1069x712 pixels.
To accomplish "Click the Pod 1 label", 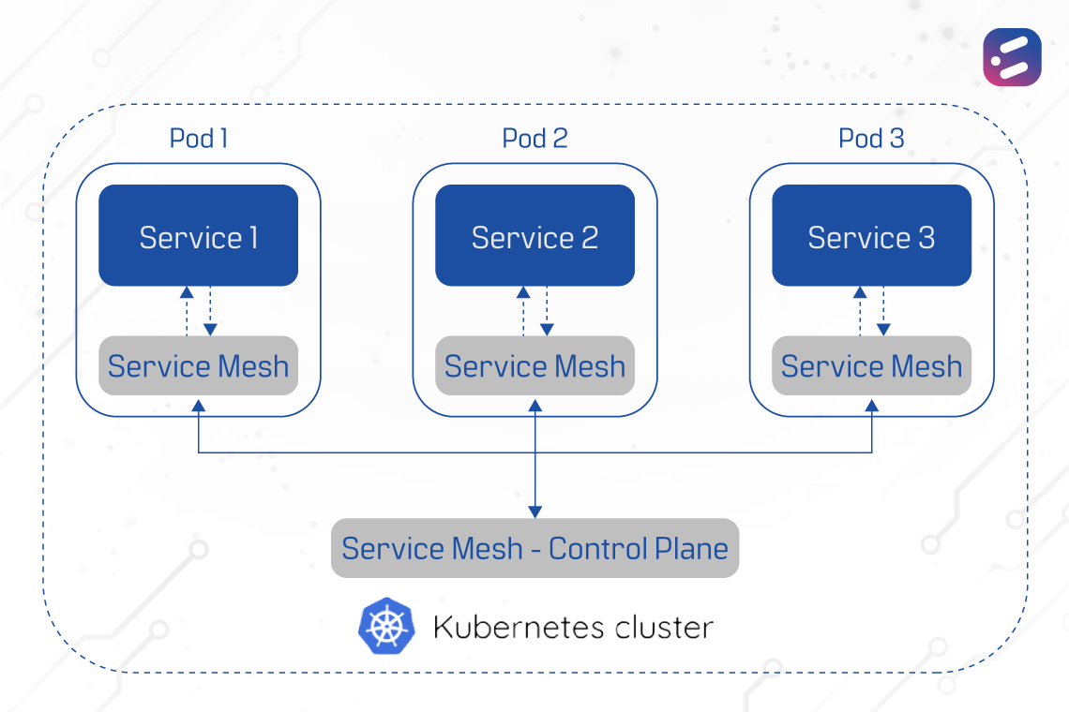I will click(198, 139).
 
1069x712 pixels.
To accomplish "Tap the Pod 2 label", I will click(534, 139).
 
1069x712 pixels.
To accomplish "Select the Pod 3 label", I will click(871, 139).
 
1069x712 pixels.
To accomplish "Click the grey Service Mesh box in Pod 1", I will click(198, 365).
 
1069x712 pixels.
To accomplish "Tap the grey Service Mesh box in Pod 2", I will click(534, 365).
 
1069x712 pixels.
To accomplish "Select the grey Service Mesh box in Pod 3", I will click(871, 365).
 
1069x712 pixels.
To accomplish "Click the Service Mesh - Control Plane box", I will click(534, 548).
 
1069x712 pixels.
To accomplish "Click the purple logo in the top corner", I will click(1012, 57).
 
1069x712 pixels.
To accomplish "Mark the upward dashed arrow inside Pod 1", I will click(187, 309).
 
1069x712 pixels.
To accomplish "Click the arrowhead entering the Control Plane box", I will click(534, 512).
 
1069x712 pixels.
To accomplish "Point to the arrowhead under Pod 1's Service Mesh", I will click(198, 404).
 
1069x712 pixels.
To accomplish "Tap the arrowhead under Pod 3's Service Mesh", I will click(871, 404).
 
